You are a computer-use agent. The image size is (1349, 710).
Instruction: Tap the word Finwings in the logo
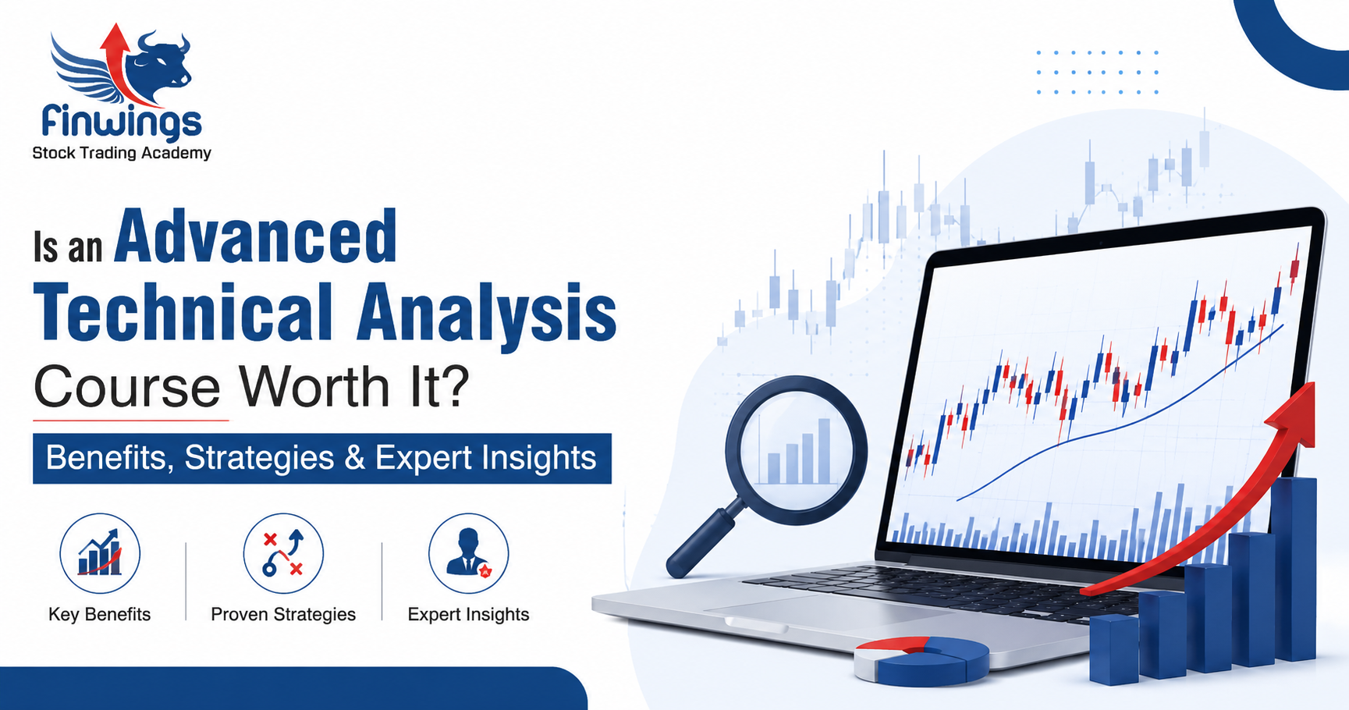[122, 122]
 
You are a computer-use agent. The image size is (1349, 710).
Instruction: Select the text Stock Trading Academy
[122, 153]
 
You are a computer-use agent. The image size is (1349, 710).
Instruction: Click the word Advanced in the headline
[256, 236]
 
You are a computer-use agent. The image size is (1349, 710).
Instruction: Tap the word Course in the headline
[127, 386]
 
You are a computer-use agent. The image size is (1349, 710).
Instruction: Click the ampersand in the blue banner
[354, 458]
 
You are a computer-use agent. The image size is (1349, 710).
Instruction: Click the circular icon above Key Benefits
[100, 553]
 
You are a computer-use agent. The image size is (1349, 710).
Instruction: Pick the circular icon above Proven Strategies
[283, 553]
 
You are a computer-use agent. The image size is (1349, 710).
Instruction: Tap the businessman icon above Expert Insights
[468, 552]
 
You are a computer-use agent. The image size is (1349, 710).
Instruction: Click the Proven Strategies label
[283, 615]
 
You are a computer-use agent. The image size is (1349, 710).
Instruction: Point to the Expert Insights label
[468, 615]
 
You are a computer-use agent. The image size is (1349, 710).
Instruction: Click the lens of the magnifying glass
[796, 450]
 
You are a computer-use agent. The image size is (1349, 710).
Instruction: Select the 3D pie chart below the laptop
[921, 660]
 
